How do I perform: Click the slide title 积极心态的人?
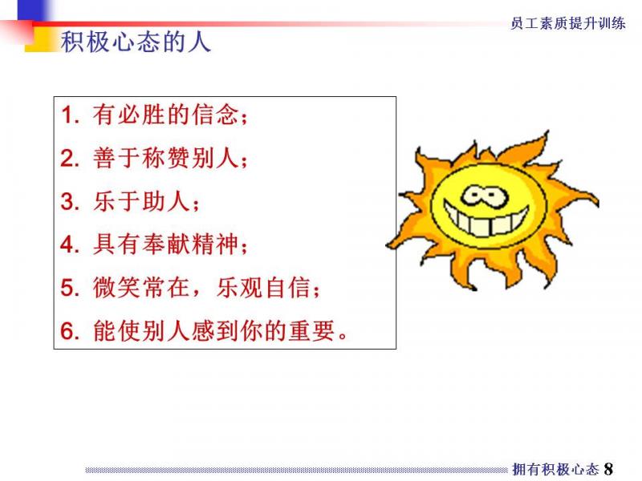pyautogui.click(x=136, y=42)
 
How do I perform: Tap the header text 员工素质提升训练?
pyautogui.click(x=568, y=23)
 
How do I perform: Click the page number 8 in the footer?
pyautogui.click(x=608, y=469)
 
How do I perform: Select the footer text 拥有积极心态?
pyautogui.click(x=555, y=469)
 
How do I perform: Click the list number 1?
pyautogui.click(x=70, y=115)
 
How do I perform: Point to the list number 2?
pyautogui.click(x=70, y=158)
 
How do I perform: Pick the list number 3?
pyautogui.click(x=70, y=201)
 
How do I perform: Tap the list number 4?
pyautogui.click(x=70, y=245)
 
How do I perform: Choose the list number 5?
pyautogui.click(x=70, y=288)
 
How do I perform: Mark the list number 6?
pyautogui.click(x=70, y=331)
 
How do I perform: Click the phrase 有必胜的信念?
pyautogui.click(x=166, y=114)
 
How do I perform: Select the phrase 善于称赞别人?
pyautogui.click(x=166, y=157)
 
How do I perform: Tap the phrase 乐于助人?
pyautogui.click(x=141, y=201)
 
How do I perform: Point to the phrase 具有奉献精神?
pyautogui.click(x=166, y=245)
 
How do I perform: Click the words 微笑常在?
pyautogui.click(x=141, y=287)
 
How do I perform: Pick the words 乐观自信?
pyautogui.click(x=264, y=287)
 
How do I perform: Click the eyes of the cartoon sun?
pyautogui.click(x=485, y=196)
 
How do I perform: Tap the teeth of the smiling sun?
pyautogui.click(x=486, y=222)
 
